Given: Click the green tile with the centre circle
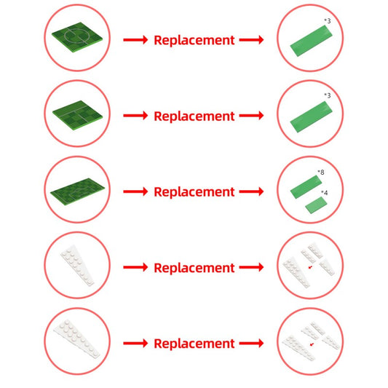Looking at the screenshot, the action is coord(77,37).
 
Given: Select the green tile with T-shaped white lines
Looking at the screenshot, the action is coord(77,115).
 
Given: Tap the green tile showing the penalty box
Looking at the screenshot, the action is coord(77,191).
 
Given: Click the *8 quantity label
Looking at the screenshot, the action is coord(321,173).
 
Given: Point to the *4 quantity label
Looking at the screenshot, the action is coord(325,192).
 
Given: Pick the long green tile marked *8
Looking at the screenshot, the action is coord(306,187).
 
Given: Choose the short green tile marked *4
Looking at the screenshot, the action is coord(316,205).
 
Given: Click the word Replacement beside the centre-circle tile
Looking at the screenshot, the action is coord(194,40).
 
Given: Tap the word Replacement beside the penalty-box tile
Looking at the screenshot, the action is coord(194,191).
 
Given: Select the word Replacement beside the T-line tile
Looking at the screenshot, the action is coord(194,116).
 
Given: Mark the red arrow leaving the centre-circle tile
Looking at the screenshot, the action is coord(135,40).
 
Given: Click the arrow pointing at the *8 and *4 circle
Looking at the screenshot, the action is coord(251,191).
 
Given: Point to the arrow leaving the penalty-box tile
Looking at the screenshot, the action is coord(135,191).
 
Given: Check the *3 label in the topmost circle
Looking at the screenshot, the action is coord(328,21).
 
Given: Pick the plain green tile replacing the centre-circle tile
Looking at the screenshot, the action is coord(311,41).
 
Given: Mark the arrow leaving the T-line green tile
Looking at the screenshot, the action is coord(135,116).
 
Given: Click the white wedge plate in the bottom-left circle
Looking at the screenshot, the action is coord(77,338).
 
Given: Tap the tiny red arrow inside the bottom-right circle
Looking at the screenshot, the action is coord(312,344).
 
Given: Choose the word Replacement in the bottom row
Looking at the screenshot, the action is coord(194,344).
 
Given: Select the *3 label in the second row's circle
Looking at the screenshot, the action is coord(328,95).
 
